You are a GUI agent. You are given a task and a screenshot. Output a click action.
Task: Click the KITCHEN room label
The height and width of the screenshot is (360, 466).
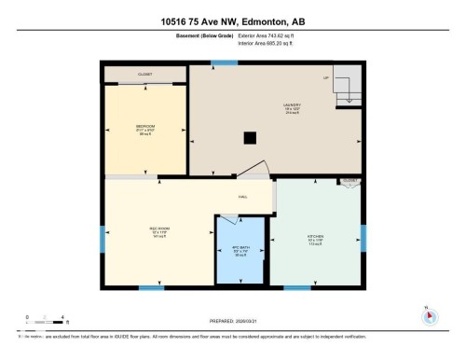click(x=317, y=238)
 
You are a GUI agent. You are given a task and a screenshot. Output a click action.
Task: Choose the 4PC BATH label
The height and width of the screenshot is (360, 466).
click(x=240, y=251)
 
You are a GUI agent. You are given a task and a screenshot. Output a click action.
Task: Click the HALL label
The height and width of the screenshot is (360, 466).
click(x=243, y=198)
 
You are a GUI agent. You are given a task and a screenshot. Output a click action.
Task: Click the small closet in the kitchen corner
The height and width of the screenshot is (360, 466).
click(x=349, y=182)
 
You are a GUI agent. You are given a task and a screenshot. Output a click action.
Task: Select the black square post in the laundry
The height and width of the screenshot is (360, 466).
click(x=249, y=138)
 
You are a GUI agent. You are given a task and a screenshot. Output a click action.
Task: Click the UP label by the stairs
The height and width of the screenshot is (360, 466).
click(x=326, y=77)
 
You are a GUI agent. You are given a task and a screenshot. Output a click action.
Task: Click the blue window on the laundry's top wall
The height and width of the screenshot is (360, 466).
click(x=223, y=63)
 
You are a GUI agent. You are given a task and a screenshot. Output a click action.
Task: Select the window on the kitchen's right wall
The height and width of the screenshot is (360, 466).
click(x=363, y=239)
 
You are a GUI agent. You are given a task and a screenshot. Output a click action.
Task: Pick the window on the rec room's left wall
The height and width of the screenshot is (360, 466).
click(x=102, y=238)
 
